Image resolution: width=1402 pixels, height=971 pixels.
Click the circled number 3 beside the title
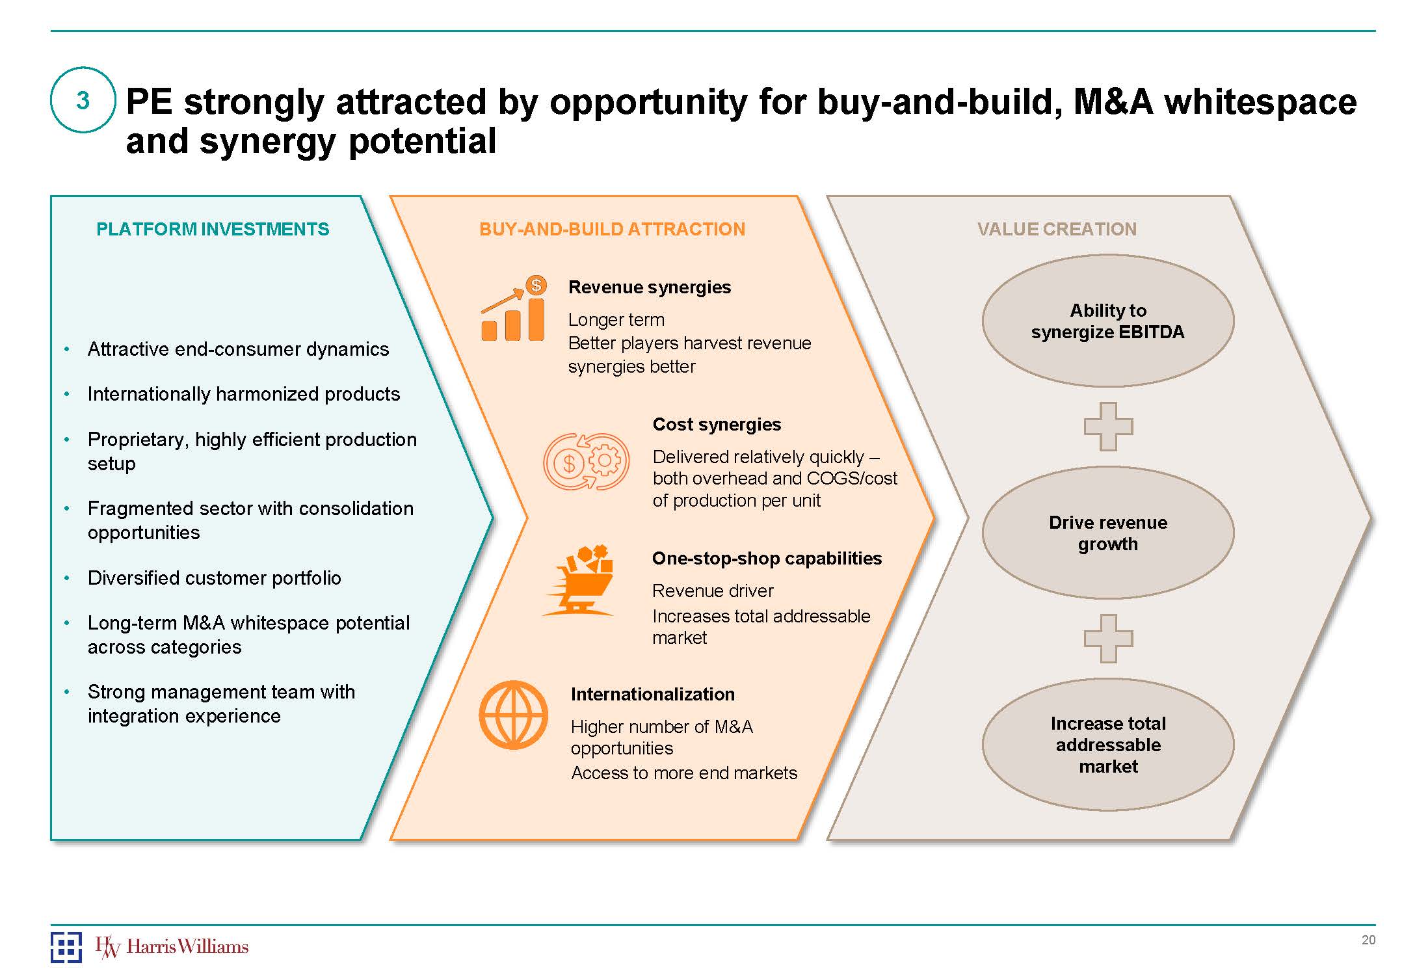pos(83,100)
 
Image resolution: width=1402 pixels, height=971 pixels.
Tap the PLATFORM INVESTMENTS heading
pos(213,229)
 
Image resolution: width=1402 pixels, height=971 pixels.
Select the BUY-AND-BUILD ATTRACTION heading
pos(612,229)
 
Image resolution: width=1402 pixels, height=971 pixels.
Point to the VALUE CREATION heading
pos(1057,229)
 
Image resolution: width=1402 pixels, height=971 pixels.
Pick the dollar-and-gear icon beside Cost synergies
pos(587,461)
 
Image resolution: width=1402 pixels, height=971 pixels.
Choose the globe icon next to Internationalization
pos(514,715)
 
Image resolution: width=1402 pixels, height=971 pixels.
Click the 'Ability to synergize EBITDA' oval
pos(1107,321)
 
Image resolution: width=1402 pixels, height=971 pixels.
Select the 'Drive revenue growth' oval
pos(1107,533)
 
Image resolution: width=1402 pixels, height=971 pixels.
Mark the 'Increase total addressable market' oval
pos(1107,745)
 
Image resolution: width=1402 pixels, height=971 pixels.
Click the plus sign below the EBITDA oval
pos(1108,427)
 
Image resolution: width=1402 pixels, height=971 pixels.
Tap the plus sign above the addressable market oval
pos(1108,639)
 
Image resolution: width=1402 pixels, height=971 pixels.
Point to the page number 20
pos(1368,940)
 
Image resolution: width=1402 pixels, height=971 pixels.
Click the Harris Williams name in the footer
pos(187,946)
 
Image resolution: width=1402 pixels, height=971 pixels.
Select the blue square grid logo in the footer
pos(66,947)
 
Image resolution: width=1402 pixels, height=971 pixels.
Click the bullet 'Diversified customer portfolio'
pos(214,578)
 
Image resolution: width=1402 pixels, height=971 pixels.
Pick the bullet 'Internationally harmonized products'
pos(244,394)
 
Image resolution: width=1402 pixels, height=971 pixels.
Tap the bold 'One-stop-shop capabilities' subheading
pos(767,558)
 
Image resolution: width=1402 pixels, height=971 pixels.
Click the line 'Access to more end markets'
pos(683,773)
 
